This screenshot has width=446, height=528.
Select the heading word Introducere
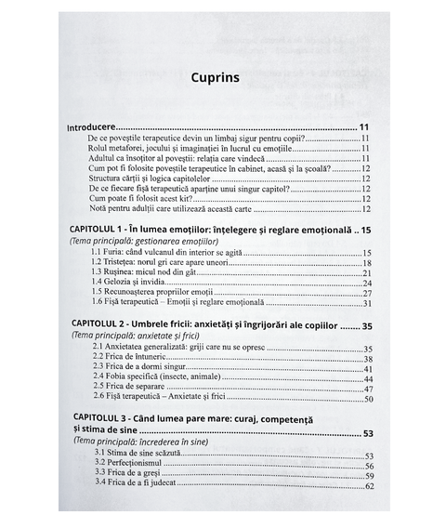[x=92, y=125]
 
